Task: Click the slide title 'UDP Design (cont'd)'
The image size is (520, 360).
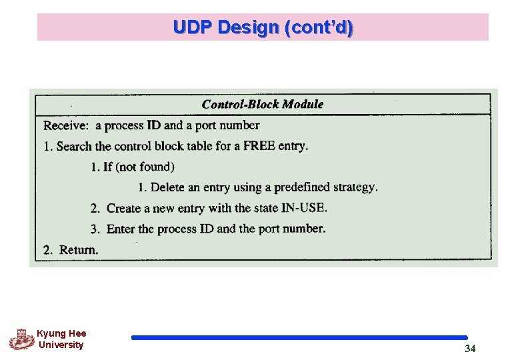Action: [x=263, y=27]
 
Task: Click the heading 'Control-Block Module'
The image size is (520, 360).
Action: [x=262, y=104]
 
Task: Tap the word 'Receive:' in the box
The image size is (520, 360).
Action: [x=66, y=125]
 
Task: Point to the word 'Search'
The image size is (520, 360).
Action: [x=75, y=146]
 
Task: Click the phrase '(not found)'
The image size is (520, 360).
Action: [x=145, y=167]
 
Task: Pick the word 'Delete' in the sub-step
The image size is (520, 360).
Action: [x=168, y=187]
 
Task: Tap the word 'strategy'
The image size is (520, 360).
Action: [x=355, y=187]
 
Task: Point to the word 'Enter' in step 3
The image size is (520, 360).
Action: [x=121, y=229]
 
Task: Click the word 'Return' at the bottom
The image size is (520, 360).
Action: [x=78, y=250]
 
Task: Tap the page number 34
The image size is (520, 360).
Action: [x=470, y=349]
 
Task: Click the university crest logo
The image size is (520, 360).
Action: [x=21, y=339]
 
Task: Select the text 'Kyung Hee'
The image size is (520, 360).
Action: [x=61, y=333]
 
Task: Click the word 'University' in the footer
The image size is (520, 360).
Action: [x=61, y=345]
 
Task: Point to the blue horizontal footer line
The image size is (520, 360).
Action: [x=299, y=338]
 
